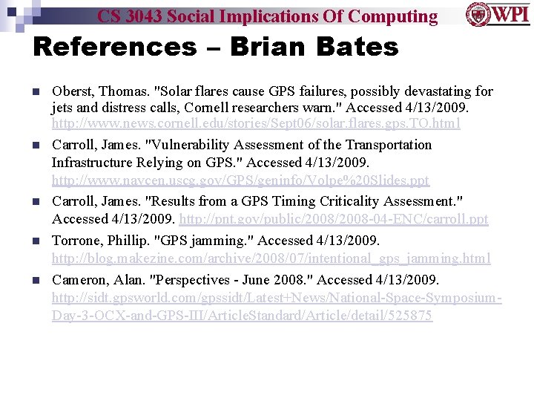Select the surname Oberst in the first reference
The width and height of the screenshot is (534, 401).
[73, 91]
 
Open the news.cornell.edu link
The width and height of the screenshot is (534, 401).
[256, 123]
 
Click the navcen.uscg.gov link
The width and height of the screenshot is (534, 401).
[240, 180]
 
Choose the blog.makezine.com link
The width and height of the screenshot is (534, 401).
[271, 258]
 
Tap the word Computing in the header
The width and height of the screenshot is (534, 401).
[392, 16]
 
